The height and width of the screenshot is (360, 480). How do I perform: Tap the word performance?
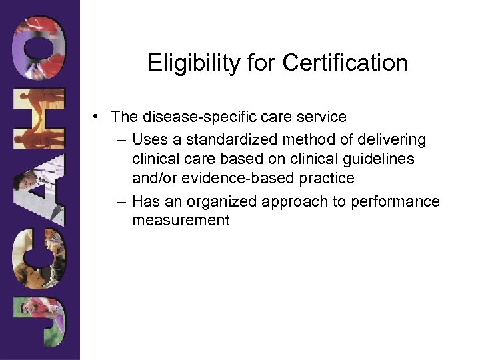click(399, 201)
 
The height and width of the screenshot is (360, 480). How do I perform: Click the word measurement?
click(181, 221)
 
